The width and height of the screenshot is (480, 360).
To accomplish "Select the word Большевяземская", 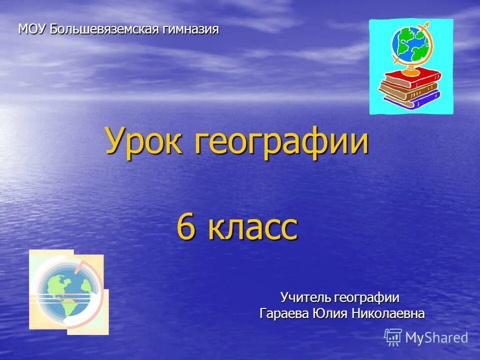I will click(x=103, y=29).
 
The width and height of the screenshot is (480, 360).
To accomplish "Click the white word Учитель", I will click(x=305, y=298).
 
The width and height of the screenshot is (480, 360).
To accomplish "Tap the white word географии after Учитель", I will click(x=367, y=298).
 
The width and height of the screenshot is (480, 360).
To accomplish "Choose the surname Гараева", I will click(x=284, y=314).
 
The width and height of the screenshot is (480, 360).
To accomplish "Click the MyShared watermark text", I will click(x=436, y=338).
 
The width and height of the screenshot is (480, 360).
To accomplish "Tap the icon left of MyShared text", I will click(x=393, y=337).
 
